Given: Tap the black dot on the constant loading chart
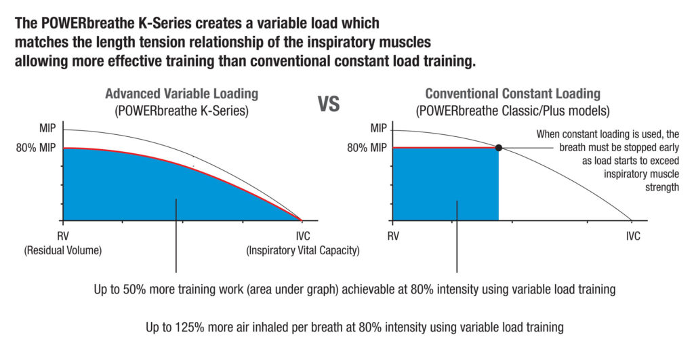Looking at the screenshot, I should (x=499, y=148).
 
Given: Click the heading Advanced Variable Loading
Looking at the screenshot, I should (x=182, y=94).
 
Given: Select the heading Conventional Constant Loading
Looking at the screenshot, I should (x=512, y=94).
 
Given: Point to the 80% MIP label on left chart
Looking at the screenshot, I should (x=36, y=147).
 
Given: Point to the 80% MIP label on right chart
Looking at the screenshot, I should (x=367, y=147).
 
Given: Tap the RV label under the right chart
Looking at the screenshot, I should (x=392, y=236).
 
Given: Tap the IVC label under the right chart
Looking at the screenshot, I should (x=632, y=236).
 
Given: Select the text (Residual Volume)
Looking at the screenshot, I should (x=62, y=251).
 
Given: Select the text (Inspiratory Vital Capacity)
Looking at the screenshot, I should (x=302, y=251).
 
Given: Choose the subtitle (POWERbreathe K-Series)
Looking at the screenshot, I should (x=182, y=109).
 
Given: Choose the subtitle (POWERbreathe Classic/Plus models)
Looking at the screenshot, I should (x=512, y=109).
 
